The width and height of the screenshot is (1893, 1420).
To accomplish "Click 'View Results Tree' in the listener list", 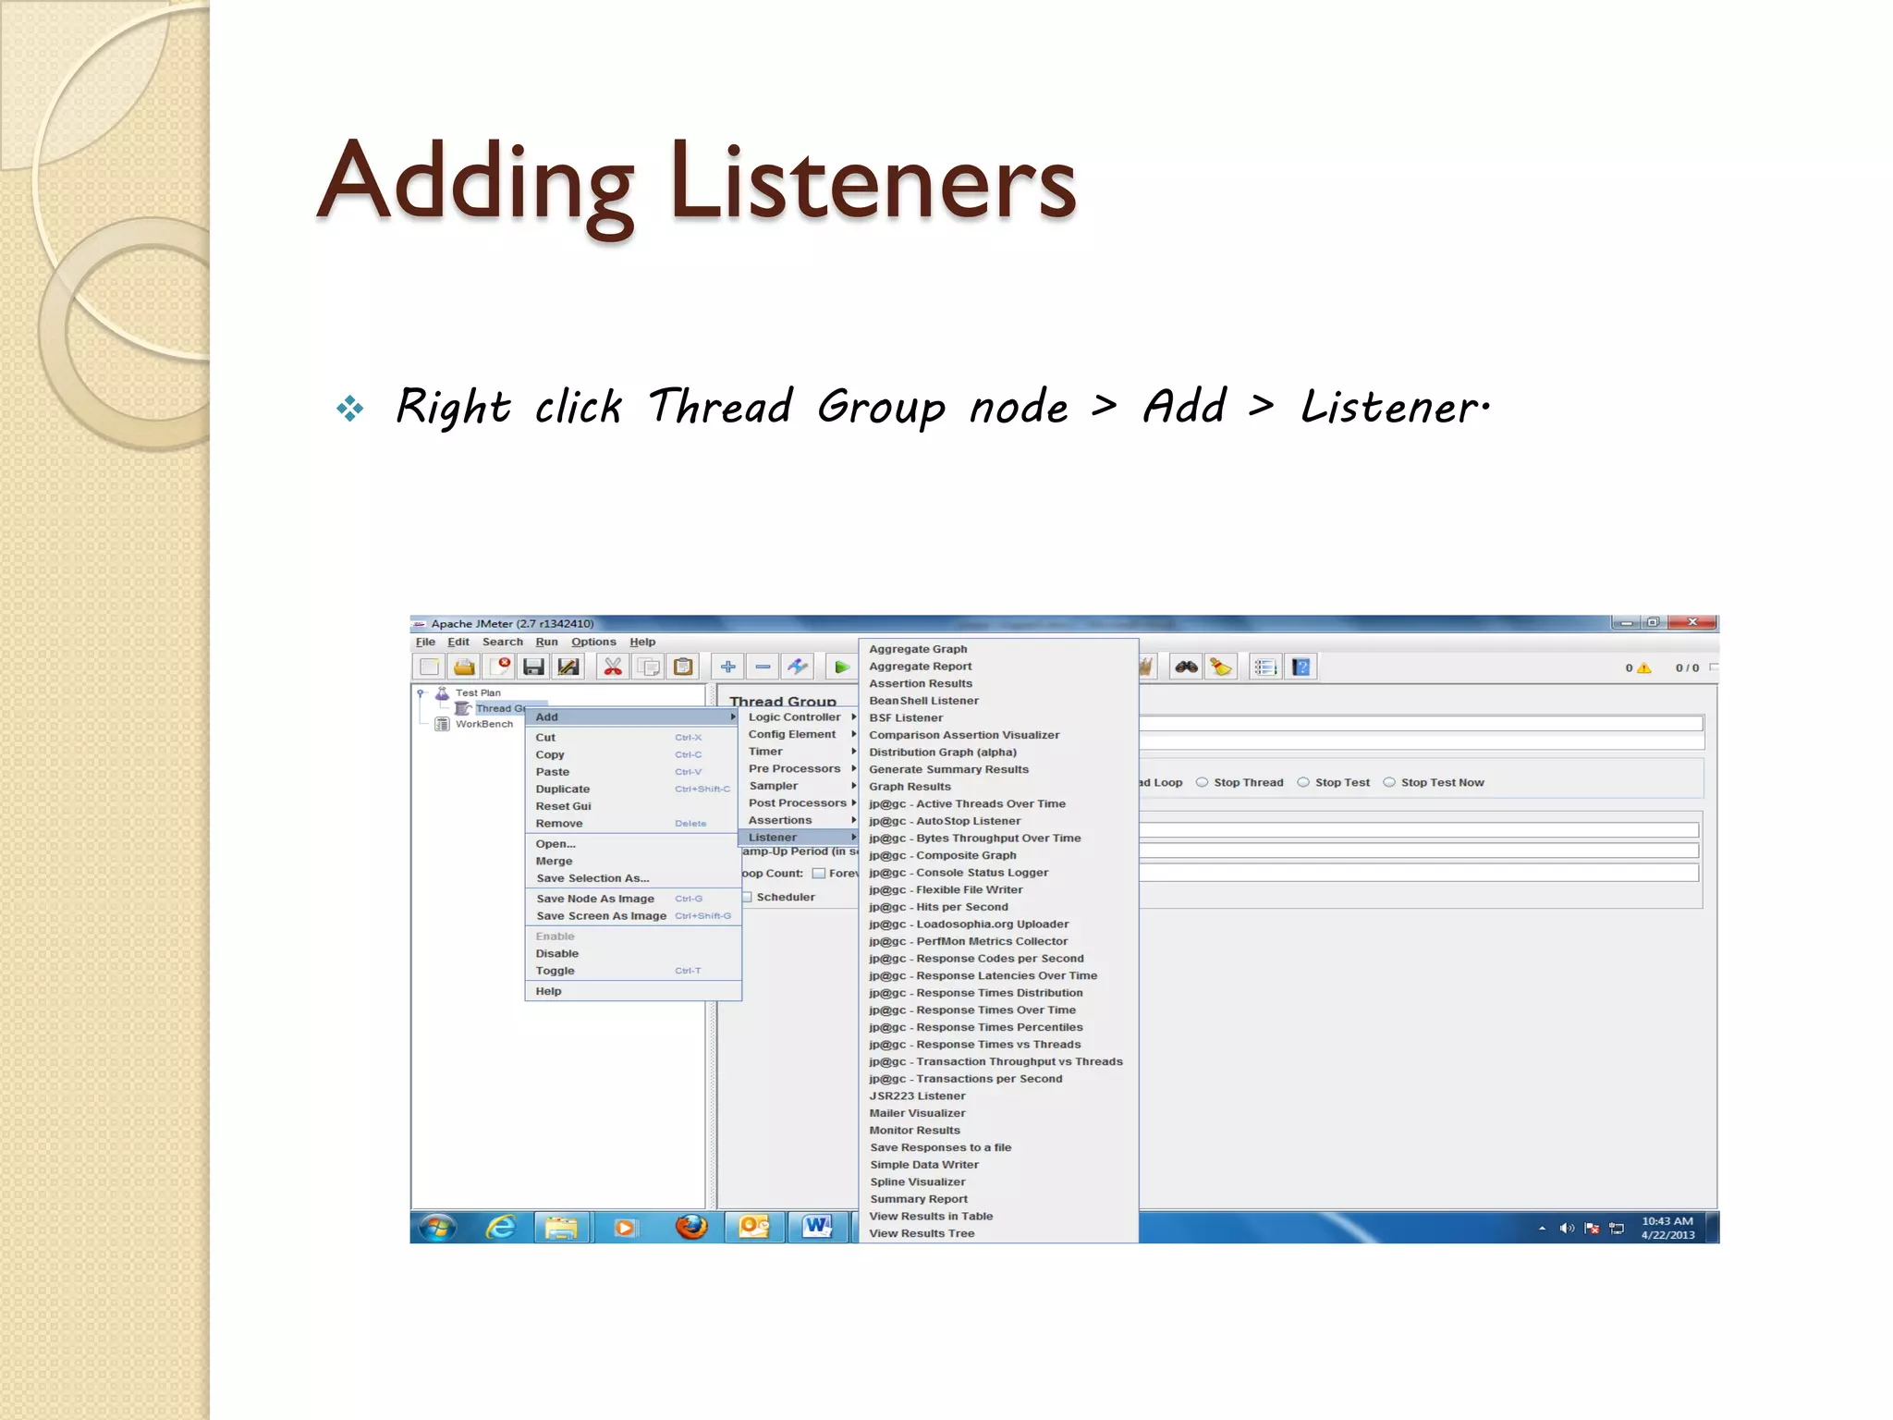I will [922, 1233].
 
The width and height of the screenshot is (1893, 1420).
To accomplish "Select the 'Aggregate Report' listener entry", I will [920, 667].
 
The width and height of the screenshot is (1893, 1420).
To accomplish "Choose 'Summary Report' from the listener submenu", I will [919, 1199].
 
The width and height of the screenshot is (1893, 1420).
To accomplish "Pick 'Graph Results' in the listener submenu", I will [910, 787].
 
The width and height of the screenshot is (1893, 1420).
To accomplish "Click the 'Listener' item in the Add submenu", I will [773, 838].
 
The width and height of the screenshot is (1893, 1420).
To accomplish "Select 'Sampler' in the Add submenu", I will [774, 786].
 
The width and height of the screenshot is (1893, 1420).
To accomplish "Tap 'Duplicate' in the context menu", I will [563, 790].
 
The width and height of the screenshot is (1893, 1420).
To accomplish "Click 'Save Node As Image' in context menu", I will [595, 899].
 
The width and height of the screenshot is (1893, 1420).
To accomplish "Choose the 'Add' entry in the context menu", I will [547, 717].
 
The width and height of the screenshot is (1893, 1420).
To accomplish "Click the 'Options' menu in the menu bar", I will [593, 642].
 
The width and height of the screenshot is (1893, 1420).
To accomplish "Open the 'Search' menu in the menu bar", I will [503, 642].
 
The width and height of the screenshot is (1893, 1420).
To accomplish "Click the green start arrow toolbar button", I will [841, 667].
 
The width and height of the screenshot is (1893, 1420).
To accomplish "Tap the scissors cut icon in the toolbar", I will [613, 667].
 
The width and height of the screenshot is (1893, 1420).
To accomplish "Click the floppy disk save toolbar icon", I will [533, 667].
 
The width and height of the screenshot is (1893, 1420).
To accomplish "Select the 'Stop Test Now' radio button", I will [1389, 782].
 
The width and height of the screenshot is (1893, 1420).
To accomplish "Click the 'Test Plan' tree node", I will [478, 692].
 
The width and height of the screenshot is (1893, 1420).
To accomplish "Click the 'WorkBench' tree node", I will [483, 724].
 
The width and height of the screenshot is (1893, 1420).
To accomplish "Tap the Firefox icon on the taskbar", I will [691, 1227].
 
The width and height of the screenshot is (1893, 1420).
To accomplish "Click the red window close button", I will [1693, 622].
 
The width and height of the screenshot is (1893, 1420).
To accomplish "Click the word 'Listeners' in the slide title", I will [873, 181].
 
